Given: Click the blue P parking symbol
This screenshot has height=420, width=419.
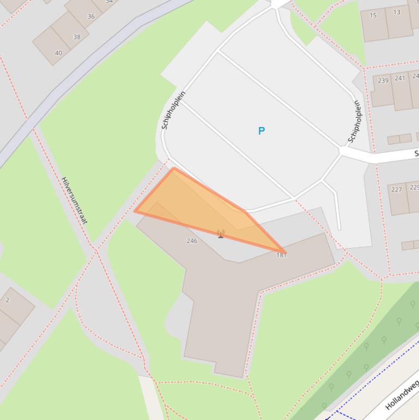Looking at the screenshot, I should point(262,131).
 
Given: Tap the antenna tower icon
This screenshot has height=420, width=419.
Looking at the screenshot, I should point(221,234).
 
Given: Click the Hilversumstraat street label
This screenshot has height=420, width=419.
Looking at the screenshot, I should point(75,200).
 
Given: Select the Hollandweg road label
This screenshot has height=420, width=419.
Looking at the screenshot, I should point(402,394).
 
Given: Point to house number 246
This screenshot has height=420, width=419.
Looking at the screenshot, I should point(192,241).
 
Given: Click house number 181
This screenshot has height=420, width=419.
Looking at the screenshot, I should point(281,255).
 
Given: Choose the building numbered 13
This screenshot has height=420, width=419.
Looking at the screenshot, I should point(398,21).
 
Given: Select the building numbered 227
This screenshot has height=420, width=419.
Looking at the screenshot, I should point(398,197).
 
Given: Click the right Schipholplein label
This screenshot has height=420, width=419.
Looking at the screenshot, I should point(355,121).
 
